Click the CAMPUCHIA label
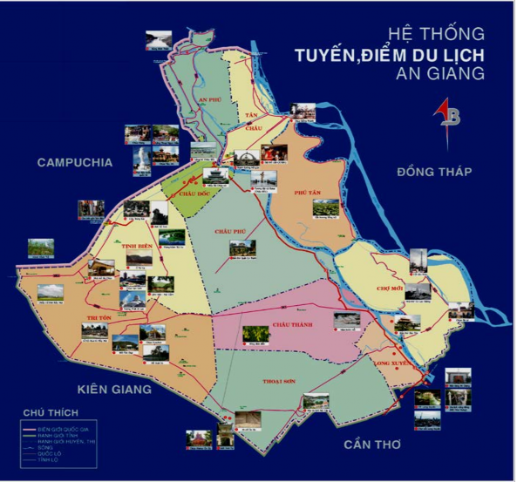point(75,162)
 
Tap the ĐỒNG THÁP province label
point(433,171)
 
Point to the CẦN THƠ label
point(371,445)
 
